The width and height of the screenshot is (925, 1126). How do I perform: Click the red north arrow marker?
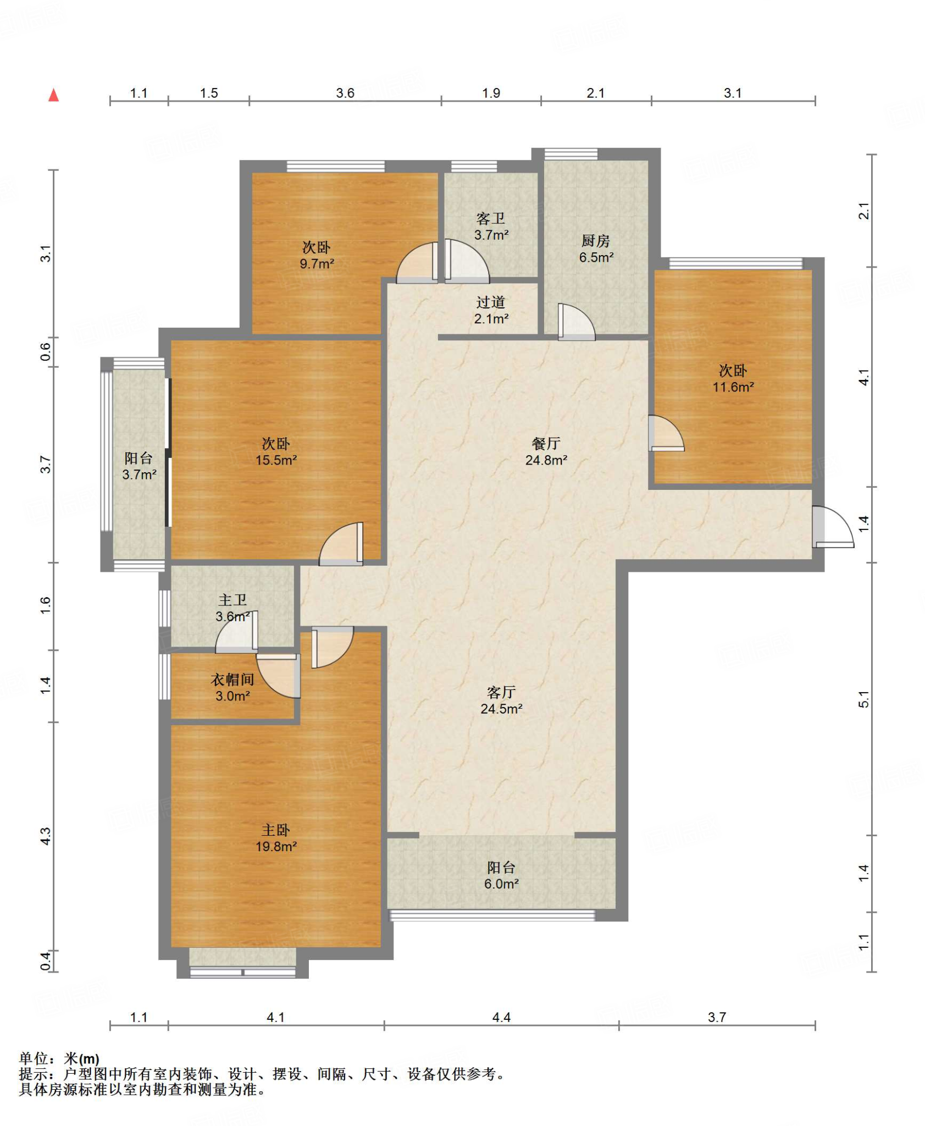tap(53, 95)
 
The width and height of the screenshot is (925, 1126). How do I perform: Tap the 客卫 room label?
tap(491, 219)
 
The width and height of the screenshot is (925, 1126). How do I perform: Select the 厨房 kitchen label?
tap(596, 241)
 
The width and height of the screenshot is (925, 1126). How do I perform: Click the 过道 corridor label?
tap(491, 302)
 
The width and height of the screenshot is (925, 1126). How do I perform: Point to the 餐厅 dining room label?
tap(546, 444)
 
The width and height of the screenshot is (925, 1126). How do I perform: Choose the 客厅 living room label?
tap(501, 692)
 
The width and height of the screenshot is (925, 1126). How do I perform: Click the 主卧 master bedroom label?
tap(275, 830)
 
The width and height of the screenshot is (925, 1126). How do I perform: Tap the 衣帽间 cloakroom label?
tap(232, 680)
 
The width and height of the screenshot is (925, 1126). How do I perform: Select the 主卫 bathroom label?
tap(232, 600)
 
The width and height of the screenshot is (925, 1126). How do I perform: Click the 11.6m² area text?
tap(733, 387)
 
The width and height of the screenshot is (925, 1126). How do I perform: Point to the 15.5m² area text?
tap(276, 460)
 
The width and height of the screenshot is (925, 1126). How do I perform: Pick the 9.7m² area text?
tap(317, 264)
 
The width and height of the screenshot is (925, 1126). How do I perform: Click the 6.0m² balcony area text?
tap(501, 884)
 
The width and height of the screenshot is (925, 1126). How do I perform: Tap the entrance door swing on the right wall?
tap(833, 527)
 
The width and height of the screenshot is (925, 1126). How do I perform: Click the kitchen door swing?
tap(576, 322)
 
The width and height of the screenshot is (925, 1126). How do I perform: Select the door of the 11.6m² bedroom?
tap(666, 433)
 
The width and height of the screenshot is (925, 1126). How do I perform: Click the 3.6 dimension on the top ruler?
tap(345, 93)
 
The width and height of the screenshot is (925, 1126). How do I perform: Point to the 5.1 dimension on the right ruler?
tap(863, 699)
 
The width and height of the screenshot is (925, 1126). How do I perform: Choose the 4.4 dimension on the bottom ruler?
tap(501, 1018)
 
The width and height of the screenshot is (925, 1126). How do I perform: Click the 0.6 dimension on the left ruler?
tap(46, 352)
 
